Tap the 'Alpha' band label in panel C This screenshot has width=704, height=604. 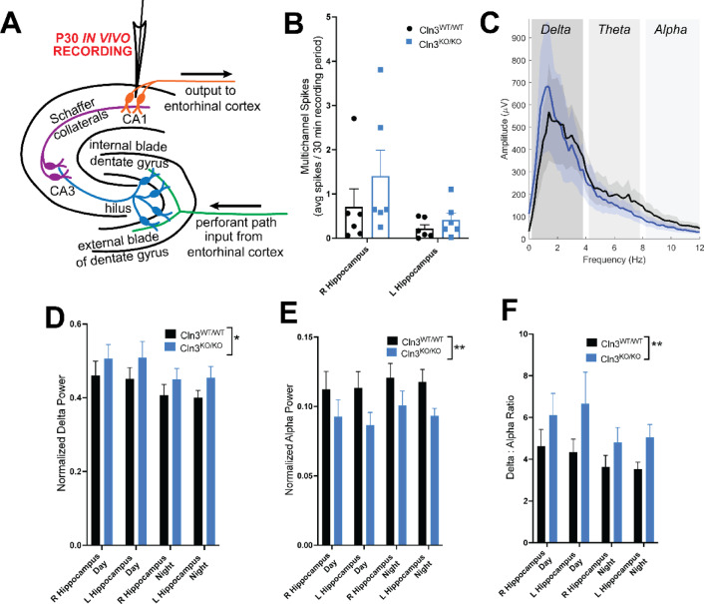click(x=670, y=32)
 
